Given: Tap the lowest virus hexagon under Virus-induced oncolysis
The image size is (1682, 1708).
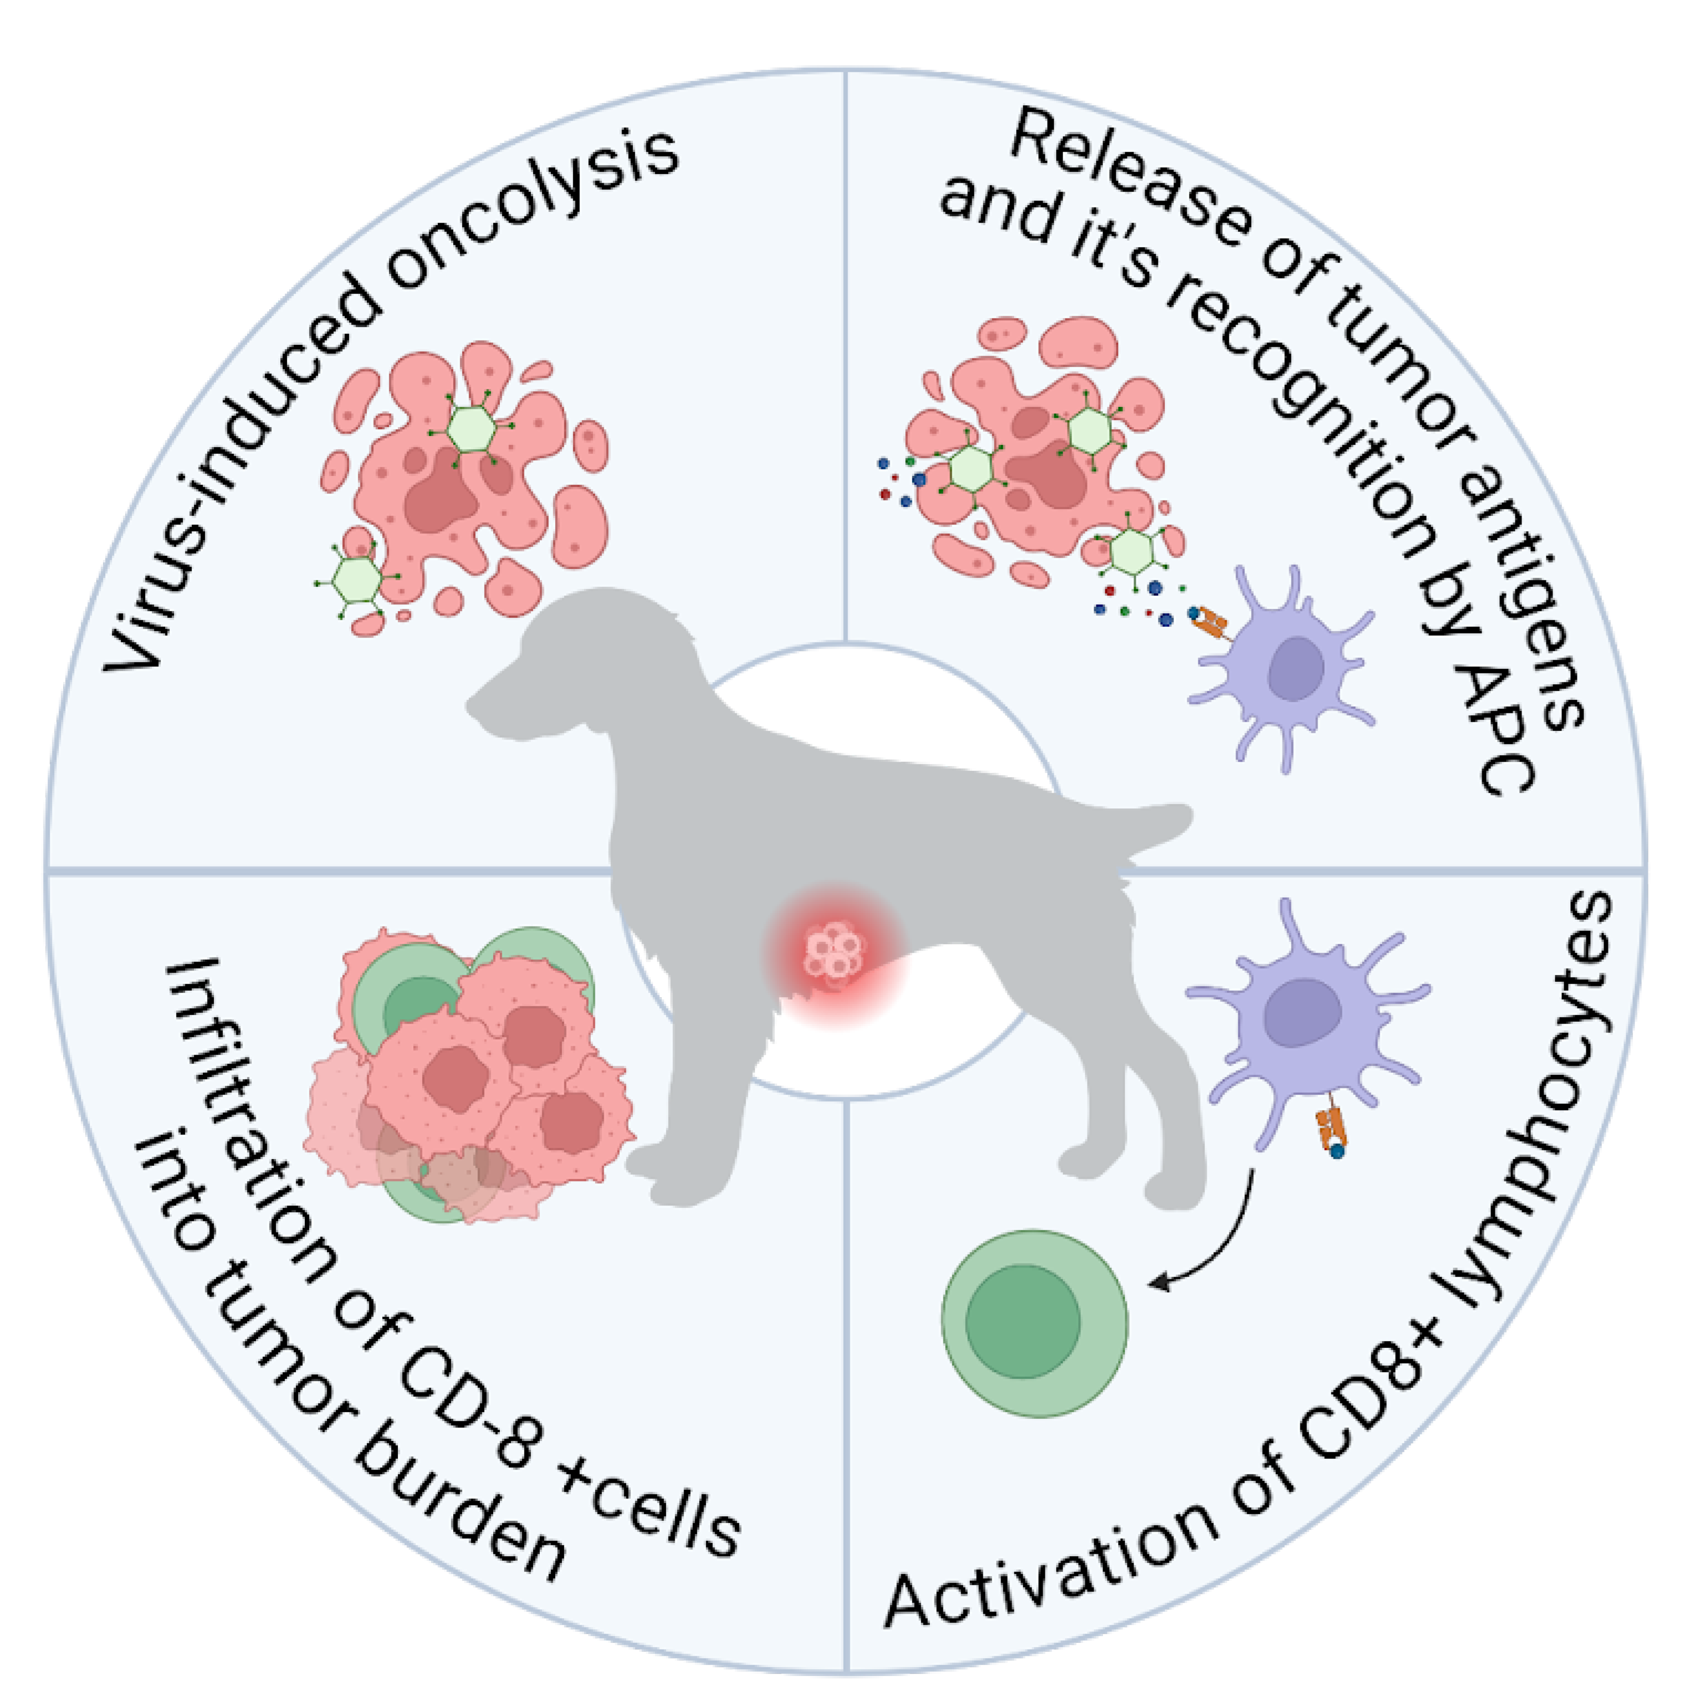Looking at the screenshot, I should coord(358,579).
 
